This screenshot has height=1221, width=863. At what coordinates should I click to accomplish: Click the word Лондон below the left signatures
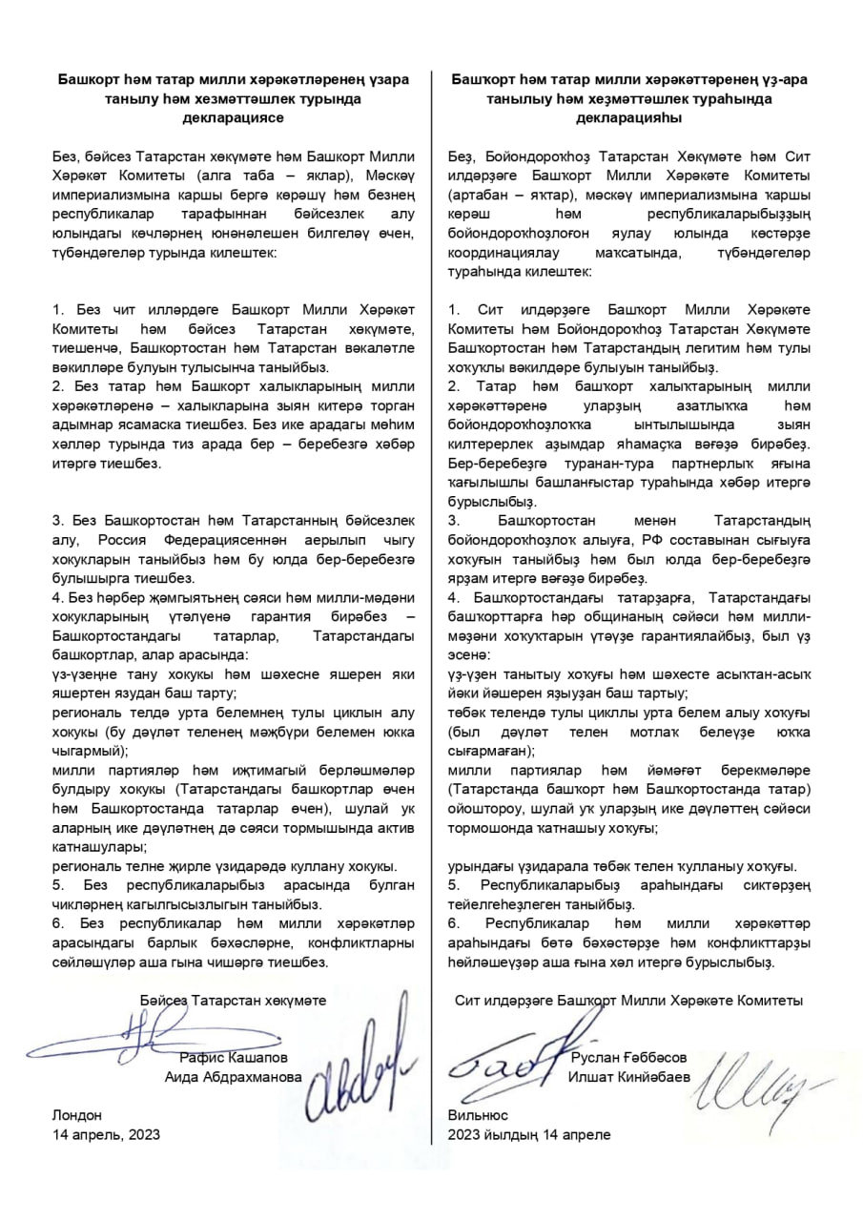point(75,1114)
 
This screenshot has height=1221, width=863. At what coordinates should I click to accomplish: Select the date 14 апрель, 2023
point(106,1134)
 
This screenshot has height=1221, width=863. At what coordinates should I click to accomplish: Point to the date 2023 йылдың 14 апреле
point(529,1134)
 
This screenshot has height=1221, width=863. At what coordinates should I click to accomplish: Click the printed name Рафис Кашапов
point(233,1057)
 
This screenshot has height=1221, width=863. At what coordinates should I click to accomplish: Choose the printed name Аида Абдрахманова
point(233,1076)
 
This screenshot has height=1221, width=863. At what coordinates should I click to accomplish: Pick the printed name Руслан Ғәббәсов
point(628,1057)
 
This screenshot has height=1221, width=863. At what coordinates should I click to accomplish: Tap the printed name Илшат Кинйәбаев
point(629,1076)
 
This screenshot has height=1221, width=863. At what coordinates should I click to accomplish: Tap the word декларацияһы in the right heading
point(629,117)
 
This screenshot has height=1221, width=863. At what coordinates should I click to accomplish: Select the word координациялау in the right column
point(513,253)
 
